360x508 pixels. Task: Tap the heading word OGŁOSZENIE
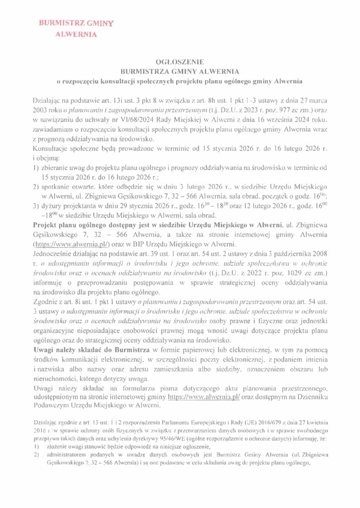point(180,63)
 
